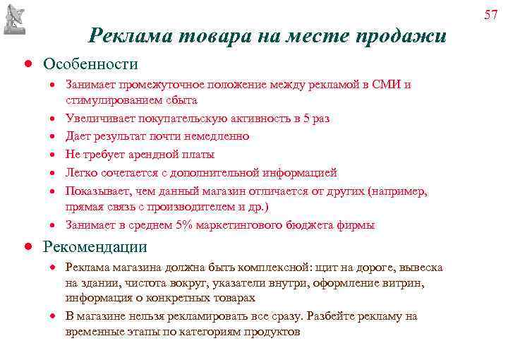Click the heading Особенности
90,64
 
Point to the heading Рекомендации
95,246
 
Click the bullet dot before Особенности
25,64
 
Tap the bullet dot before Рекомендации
25,247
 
